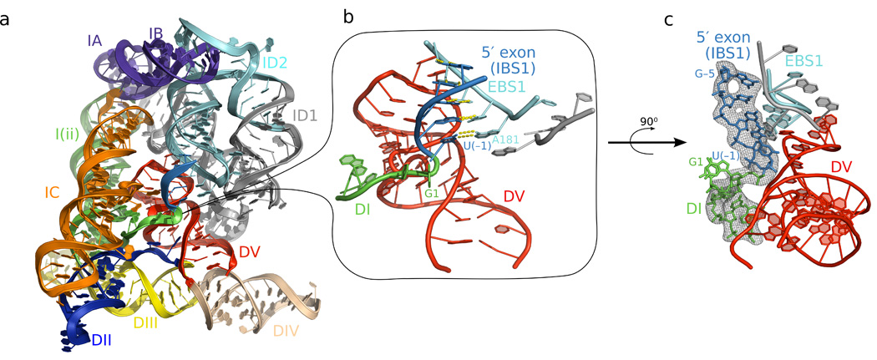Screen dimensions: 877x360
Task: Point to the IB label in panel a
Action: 156,34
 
